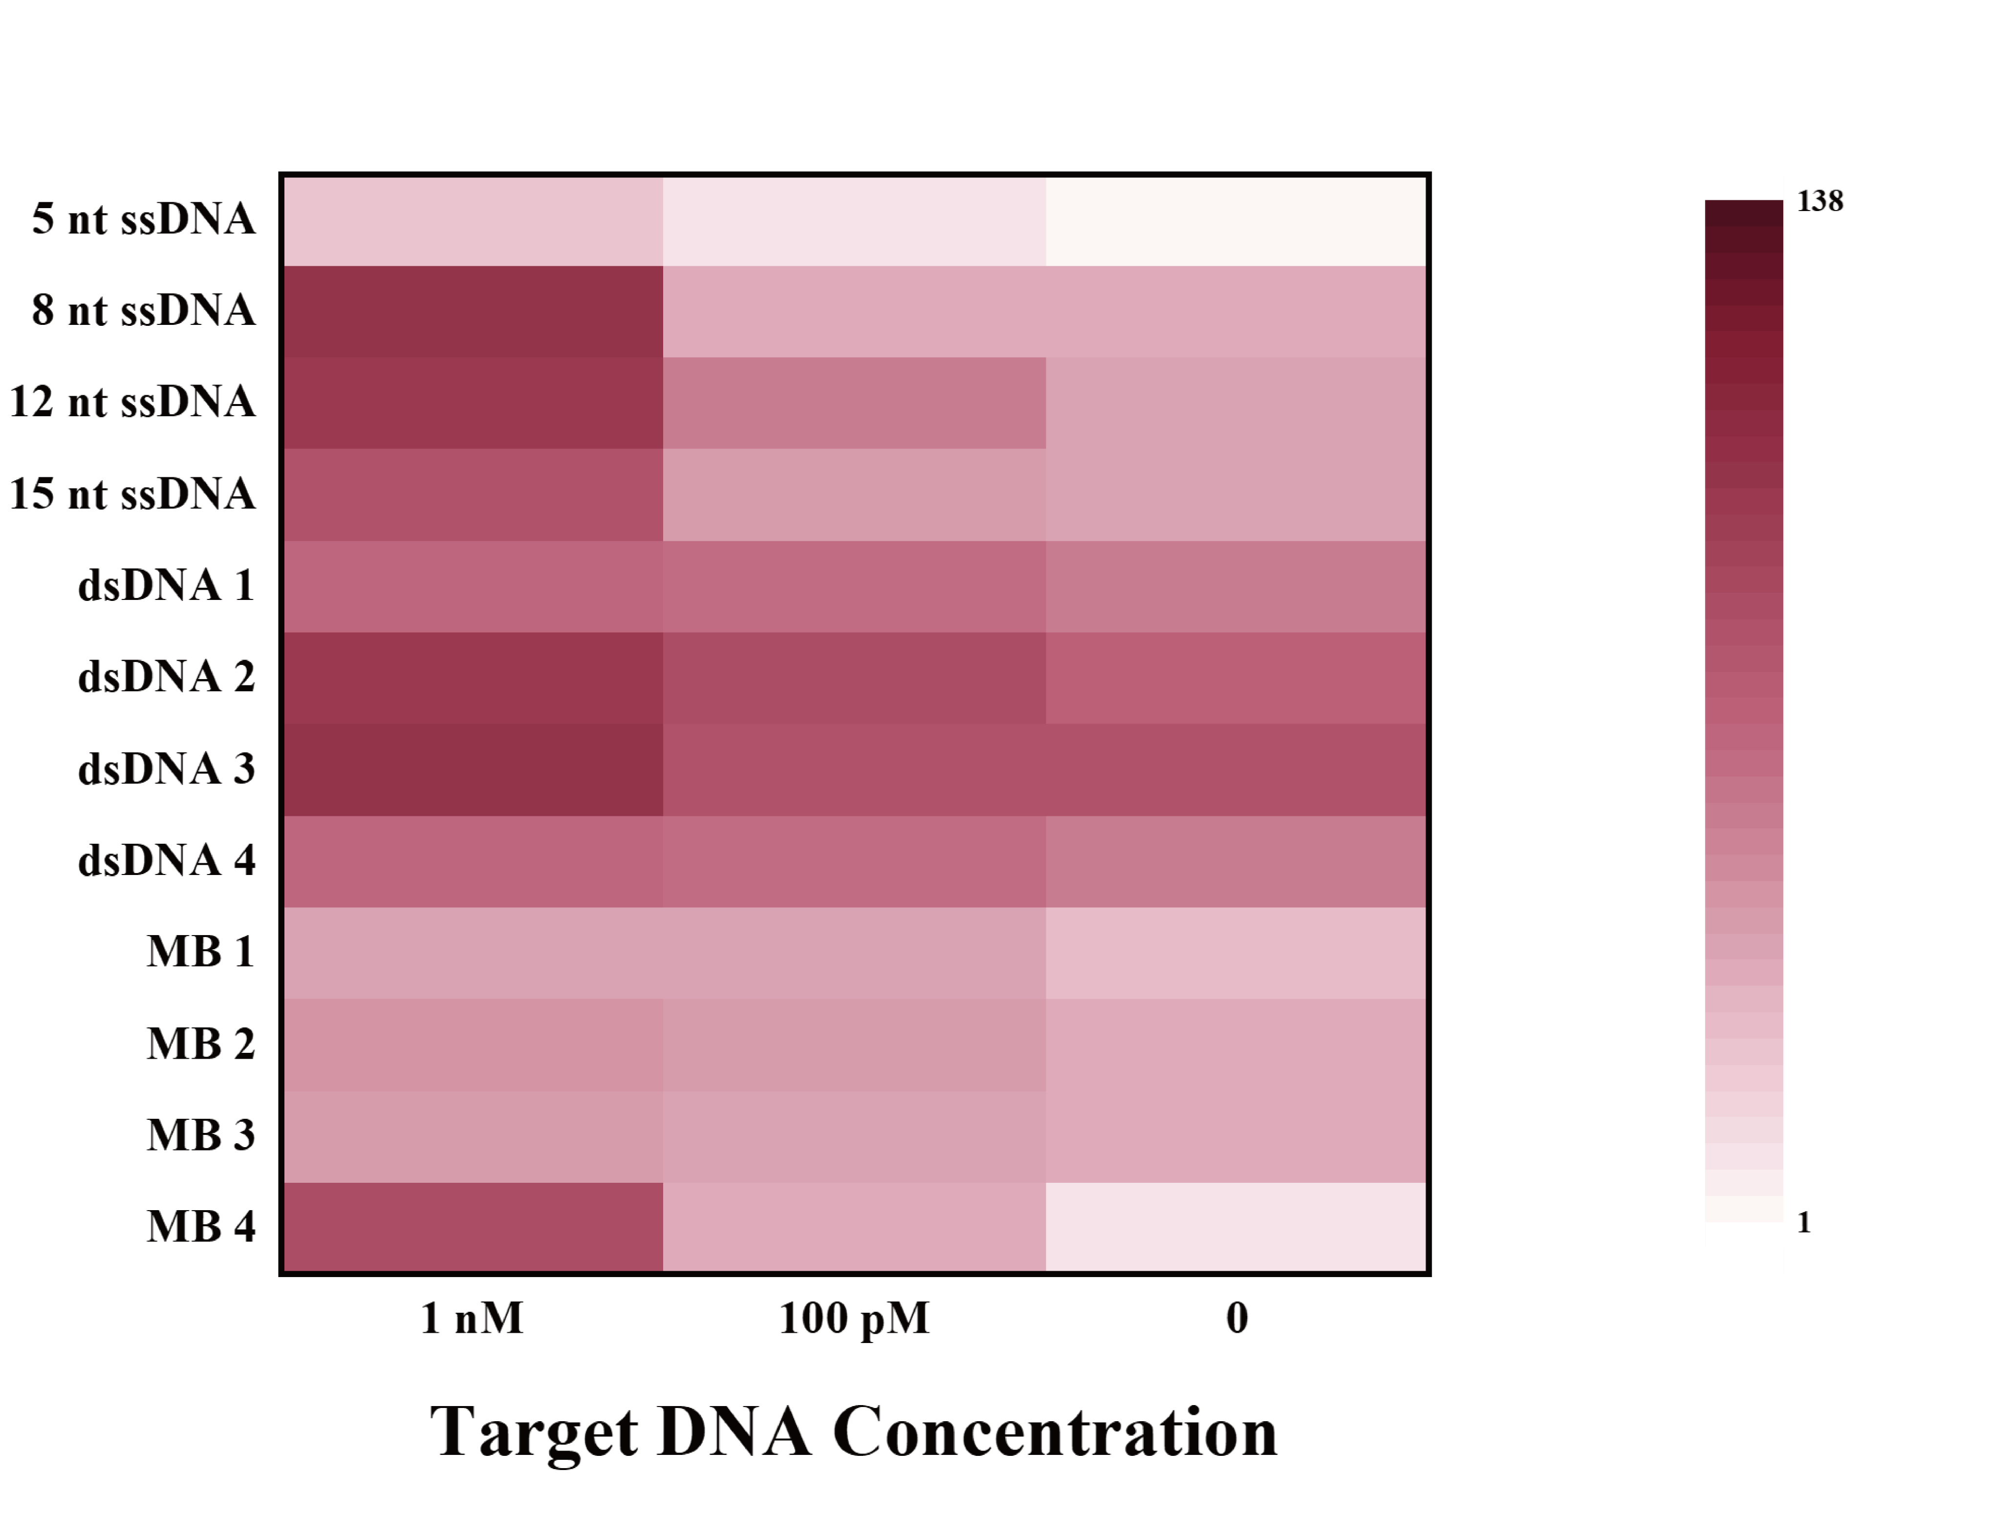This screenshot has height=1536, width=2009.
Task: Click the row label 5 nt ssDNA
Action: [144, 219]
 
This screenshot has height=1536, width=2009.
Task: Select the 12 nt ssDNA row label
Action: [132, 402]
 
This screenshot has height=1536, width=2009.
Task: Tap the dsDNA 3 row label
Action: [167, 769]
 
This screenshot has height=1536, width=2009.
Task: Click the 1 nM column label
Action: [472, 1319]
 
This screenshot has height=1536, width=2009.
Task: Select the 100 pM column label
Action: [854, 1319]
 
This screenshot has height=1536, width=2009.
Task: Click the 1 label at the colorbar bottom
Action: [1804, 1223]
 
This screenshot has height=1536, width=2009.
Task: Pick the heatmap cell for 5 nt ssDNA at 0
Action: [1236, 220]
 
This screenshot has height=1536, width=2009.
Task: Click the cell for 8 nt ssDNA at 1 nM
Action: [473, 312]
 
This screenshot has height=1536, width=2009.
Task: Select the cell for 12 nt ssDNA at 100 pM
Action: [854, 403]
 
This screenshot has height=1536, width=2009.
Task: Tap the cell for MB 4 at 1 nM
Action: [473, 1227]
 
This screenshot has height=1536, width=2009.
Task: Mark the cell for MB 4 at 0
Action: [1236, 1227]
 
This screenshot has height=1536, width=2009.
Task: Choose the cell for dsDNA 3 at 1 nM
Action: [473, 770]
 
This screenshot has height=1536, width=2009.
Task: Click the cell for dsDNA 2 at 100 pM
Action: [854, 679]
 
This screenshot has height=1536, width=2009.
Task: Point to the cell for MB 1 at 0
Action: [1236, 953]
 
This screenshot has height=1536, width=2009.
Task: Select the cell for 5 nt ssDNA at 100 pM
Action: [854, 220]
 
